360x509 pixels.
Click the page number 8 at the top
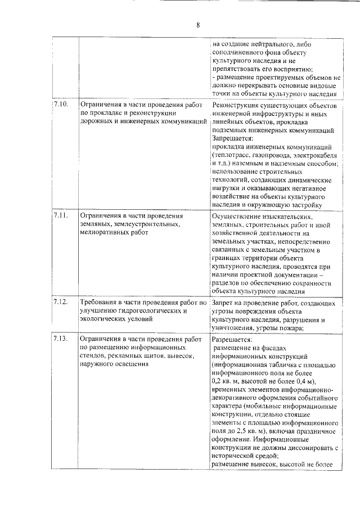point(198,24)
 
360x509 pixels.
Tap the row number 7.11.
point(61,215)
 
